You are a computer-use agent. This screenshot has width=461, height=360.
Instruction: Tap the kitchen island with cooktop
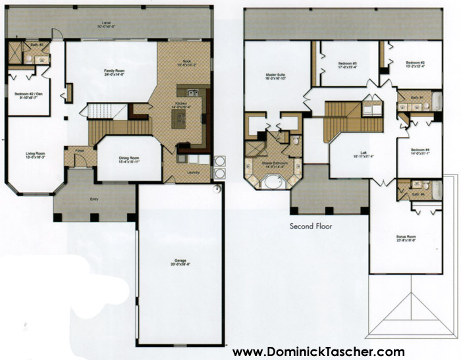tap(180, 119)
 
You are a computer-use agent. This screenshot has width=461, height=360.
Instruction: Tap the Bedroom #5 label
tap(347, 65)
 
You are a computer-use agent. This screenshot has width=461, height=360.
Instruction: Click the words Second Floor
tap(311, 226)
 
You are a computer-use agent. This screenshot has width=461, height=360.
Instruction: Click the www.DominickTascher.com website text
tap(318, 351)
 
